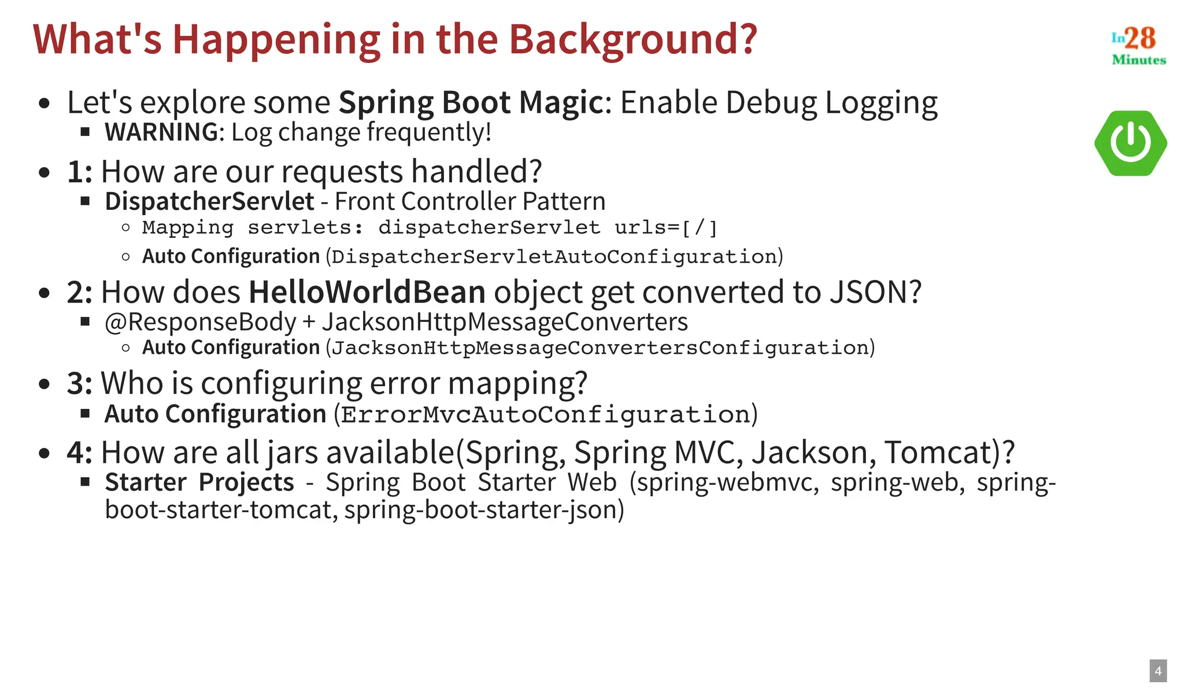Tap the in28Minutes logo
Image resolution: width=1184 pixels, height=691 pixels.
tap(1138, 45)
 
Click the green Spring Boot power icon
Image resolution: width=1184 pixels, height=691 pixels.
tap(1130, 143)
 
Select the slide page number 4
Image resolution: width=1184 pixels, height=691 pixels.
tap(1157, 671)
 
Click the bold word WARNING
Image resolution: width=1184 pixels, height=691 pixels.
tap(161, 132)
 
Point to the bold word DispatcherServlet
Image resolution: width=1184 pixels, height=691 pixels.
tap(209, 201)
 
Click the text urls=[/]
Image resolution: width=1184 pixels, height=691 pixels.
tap(665, 228)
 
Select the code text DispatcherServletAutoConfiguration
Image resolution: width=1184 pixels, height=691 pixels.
tap(554, 256)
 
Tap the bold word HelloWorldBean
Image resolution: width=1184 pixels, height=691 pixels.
tap(367, 292)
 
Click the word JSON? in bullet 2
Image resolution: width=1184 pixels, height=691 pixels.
tap(875, 292)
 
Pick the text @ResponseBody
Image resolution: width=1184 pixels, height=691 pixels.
tap(200, 322)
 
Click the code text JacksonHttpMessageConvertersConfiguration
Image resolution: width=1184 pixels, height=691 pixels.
tap(601, 348)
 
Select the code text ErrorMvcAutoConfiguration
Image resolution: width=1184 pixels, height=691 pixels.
tap(545, 415)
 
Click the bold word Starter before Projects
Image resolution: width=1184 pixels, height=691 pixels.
tap(146, 482)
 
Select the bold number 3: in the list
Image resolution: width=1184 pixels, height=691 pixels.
tap(79, 383)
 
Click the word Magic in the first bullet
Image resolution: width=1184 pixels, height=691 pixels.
tap(561, 102)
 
